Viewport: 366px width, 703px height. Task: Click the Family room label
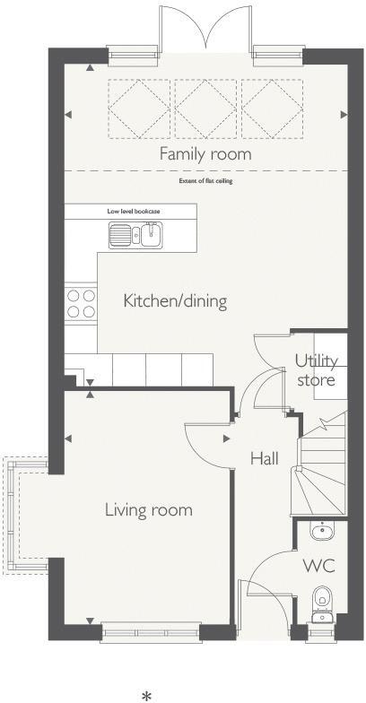pos(205,154)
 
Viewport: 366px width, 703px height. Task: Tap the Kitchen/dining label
pos(175,300)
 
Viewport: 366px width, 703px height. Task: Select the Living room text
pos(149,510)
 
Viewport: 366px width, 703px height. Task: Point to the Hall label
pos(264,458)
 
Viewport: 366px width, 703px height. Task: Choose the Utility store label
pos(317,370)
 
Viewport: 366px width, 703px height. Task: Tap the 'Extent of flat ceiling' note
pos(205,181)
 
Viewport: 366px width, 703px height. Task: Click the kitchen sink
pos(135,236)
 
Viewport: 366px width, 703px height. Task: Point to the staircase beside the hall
pos(321,466)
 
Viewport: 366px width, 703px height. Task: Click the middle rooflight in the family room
pos(205,109)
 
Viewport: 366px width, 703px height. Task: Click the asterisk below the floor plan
pos(146,694)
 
